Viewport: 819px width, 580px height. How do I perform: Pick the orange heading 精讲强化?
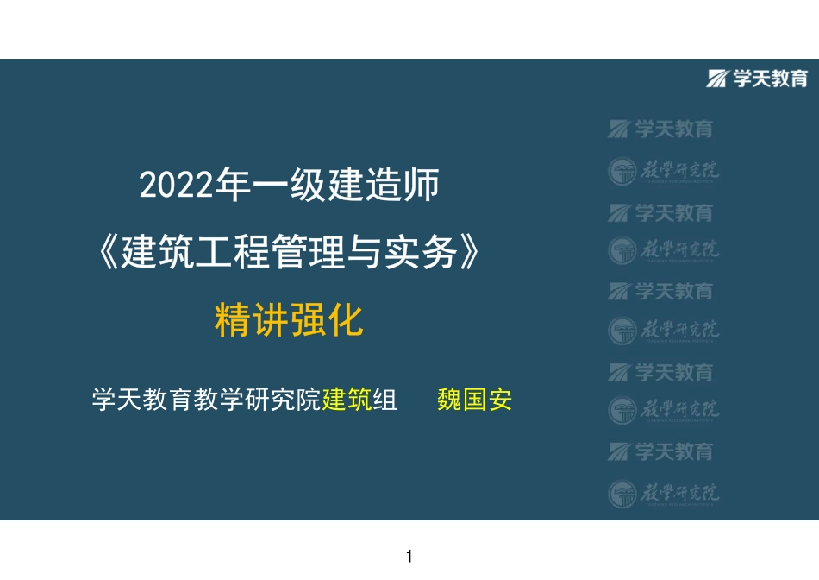click(x=288, y=323)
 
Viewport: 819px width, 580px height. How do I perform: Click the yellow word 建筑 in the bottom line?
click(x=347, y=401)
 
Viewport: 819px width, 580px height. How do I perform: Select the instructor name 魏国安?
click(x=475, y=401)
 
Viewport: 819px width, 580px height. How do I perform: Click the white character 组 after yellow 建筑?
click(x=384, y=401)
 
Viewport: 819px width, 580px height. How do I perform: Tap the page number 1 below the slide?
click(x=409, y=557)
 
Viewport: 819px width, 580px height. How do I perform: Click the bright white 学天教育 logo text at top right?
click(x=770, y=79)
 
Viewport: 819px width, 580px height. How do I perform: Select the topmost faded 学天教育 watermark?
click(x=674, y=129)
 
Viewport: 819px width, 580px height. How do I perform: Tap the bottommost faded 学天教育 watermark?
click(x=674, y=451)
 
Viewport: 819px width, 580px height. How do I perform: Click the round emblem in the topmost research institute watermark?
click(x=622, y=171)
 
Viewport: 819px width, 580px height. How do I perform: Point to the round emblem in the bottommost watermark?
click(x=622, y=493)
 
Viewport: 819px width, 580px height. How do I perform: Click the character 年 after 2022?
click(x=230, y=186)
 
